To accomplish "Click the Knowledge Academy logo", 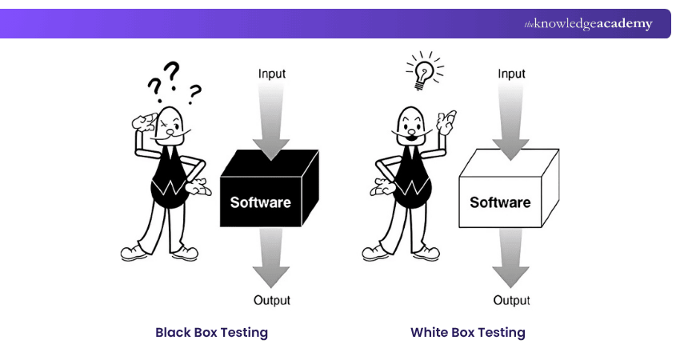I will (x=588, y=24).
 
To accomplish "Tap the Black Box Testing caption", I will (x=211, y=332).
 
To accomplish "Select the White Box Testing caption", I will (x=468, y=332).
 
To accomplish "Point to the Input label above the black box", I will (x=271, y=74).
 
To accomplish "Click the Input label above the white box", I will (x=511, y=74).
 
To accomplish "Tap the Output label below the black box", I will (x=271, y=301).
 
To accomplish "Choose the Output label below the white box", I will (x=511, y=301).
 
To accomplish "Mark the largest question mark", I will (x=171, y=74).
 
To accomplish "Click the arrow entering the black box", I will (x=272, y=120).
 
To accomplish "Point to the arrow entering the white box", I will (x=511, y=120).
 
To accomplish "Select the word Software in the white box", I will (x=500, y=202).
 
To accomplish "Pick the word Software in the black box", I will (x=260, y=202).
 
